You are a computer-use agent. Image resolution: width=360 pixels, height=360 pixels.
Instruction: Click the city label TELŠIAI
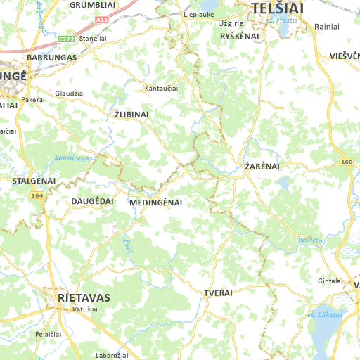[278, 8]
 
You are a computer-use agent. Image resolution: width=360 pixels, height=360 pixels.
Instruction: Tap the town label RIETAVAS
[84, 297]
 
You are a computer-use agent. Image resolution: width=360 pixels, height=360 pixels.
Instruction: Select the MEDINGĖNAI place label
[156, 202]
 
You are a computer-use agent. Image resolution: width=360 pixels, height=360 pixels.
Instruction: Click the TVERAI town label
[218, 292]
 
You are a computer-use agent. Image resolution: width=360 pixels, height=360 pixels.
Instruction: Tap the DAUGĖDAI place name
[92, 201]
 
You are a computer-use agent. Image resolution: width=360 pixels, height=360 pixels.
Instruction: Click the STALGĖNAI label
[34, 181]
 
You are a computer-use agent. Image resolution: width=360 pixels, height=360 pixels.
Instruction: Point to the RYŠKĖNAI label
[240, 36]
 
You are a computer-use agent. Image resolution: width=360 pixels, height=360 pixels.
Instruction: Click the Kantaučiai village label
[161, 89]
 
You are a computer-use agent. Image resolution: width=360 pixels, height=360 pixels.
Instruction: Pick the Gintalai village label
[330, 281]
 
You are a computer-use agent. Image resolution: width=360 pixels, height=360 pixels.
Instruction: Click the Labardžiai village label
[110, 356]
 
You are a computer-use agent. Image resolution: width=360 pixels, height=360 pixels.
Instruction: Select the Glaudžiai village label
[70, 93]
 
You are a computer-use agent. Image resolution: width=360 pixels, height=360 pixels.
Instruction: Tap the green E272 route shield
[67, 39]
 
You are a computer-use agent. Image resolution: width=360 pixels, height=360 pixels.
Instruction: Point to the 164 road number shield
[37, 195]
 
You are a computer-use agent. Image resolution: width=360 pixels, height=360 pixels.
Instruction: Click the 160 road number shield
[347, 162]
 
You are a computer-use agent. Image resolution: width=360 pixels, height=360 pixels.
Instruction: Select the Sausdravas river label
[73, 158]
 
